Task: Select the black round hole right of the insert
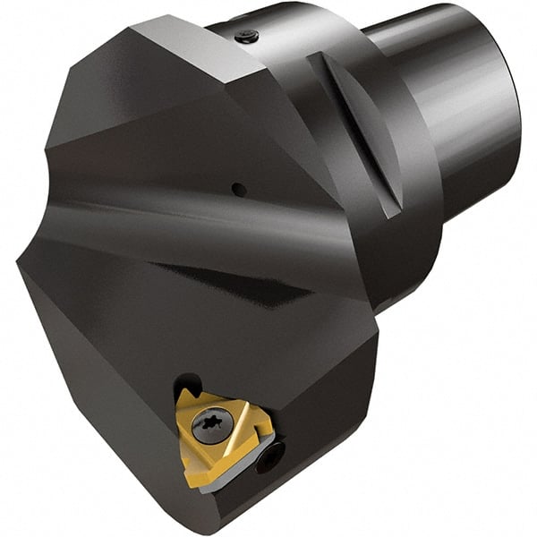point(268,459)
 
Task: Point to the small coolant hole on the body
point(237,189)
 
